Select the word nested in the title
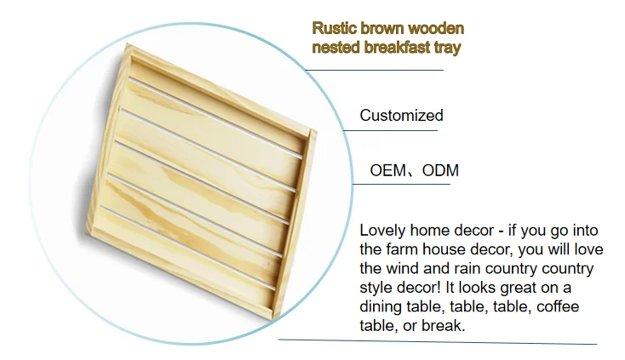(x=335, y=48)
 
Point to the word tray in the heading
(x=447, y=49)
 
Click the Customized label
(x=401, y=116)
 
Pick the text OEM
(x=387, y=170)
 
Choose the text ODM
(x=440, y=170)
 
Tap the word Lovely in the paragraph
(x=382, y=231)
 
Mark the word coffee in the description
(x=558, y=306)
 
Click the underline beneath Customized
(x=390, y=130)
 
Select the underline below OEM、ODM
(x=401, y=184)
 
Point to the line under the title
(x=374, y=70)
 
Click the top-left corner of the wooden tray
(x=127, y=43)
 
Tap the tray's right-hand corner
(x=317, y=130)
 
